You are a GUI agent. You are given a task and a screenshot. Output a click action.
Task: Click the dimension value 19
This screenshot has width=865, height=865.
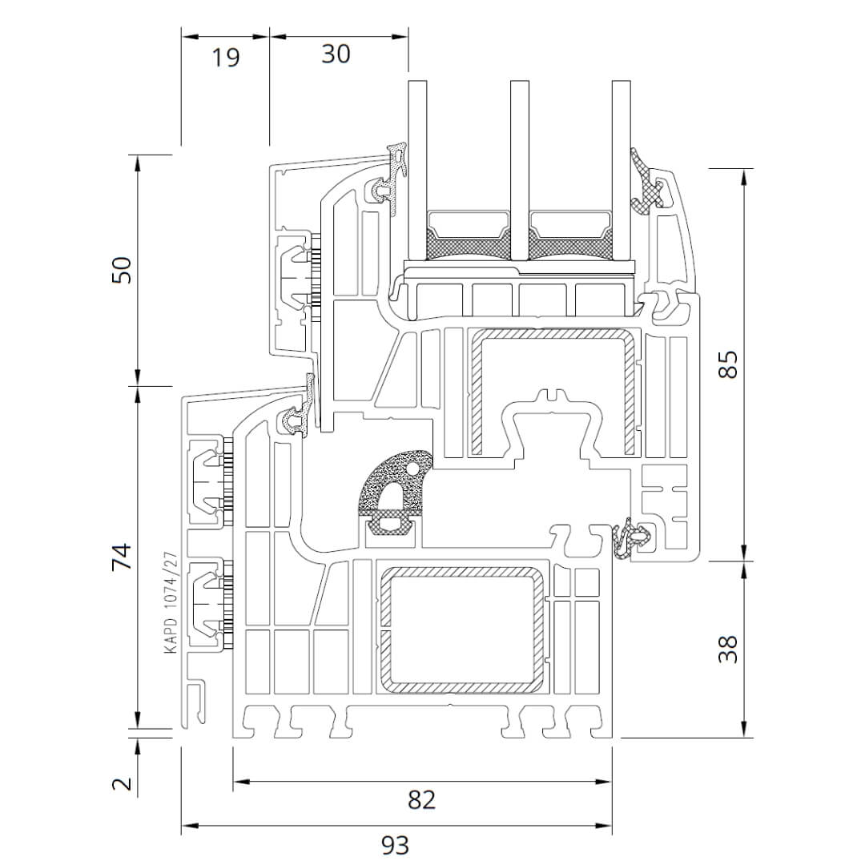tap(227, 57)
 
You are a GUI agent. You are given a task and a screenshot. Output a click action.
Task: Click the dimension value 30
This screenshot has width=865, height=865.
tap(336, 54)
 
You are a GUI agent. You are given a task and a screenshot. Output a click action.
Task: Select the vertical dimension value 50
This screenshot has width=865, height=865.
tap(121, 270)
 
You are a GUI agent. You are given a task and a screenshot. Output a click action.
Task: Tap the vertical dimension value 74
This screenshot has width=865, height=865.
tap(121, 556)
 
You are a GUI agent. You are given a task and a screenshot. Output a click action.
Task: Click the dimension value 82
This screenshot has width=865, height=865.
tap(421, 799)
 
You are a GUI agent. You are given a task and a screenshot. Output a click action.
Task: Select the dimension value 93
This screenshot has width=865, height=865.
tap(394, 844)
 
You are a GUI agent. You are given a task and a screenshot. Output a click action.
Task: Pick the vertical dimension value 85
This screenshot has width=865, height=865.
tap(727, 365)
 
